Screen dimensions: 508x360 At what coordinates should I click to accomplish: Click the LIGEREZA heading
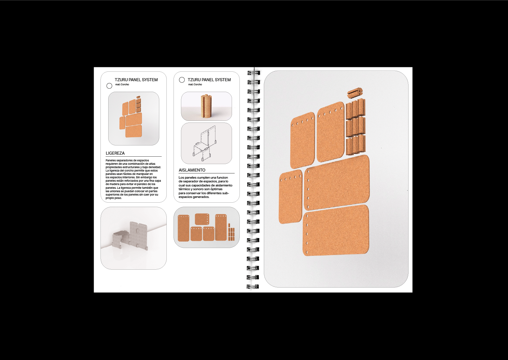tap(115, 153)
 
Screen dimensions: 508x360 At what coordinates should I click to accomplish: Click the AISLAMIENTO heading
tap(192, 170)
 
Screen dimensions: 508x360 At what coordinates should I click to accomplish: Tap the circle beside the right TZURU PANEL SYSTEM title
tap(182, 80)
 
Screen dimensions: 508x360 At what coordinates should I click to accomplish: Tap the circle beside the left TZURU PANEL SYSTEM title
tap(109, 86)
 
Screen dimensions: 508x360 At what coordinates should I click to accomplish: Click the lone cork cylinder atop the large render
tap(355, 93)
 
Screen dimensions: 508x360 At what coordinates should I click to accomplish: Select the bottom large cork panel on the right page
tap(336, 230)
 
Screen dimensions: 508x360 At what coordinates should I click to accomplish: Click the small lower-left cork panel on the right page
tap(291, 197)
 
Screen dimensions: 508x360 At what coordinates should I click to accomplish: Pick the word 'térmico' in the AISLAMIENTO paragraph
tap(184, 189)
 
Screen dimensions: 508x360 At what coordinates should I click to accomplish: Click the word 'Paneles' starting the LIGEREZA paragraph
tap(111, 160)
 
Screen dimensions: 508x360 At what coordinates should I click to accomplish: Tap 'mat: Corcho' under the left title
tap(122, 84)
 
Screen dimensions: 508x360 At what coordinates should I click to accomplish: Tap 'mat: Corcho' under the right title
tap(195, 84)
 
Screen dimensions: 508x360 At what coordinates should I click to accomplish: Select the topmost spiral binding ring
tap(253, 73)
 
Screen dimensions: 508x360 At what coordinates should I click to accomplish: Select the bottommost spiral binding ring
tap(253, 286)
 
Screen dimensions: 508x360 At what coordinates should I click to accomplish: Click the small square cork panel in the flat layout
tap(202, 219)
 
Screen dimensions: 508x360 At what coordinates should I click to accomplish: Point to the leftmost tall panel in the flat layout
tap(183, 228)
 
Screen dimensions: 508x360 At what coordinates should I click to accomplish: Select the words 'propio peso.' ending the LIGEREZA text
tap(114, 198)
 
